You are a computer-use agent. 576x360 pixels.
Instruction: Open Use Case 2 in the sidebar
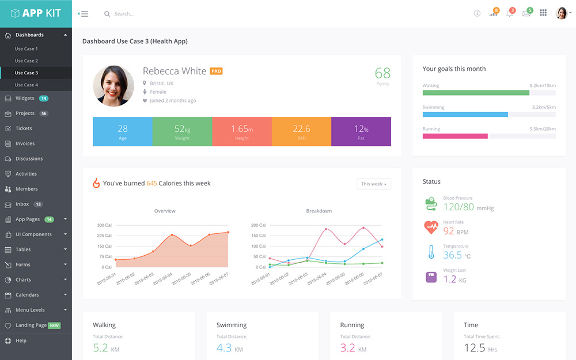pos(26,60)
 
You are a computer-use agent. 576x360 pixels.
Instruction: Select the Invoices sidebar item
pos(25,143)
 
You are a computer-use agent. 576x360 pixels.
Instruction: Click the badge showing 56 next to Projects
pos(44,113)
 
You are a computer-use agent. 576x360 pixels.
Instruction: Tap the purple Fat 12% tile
pos(361,131)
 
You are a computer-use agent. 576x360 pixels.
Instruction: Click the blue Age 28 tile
pos(123,131)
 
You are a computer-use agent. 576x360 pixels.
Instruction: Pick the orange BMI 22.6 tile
pos(301,131)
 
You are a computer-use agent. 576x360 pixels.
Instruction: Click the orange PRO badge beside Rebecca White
pos(216,71)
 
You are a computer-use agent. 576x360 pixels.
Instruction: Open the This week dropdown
pos(374,184)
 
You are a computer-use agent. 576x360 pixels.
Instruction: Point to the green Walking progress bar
pos(476,92)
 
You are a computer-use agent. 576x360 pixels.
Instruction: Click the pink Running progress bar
pos(455,136)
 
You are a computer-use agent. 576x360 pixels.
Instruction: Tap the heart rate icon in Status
pos(431,227)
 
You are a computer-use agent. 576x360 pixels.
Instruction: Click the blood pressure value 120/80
pos(459,207)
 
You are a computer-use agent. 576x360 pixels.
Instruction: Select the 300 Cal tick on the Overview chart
pos(104,225)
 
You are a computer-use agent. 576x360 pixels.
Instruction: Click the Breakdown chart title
pos(319,211)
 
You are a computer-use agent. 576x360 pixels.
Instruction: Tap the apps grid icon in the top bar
pos(543,13)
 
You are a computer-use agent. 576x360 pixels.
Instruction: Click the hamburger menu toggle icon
pos(84,14)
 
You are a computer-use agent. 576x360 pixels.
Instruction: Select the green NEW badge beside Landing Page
pos(55,325)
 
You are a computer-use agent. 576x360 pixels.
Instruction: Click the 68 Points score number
pos(382,73)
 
